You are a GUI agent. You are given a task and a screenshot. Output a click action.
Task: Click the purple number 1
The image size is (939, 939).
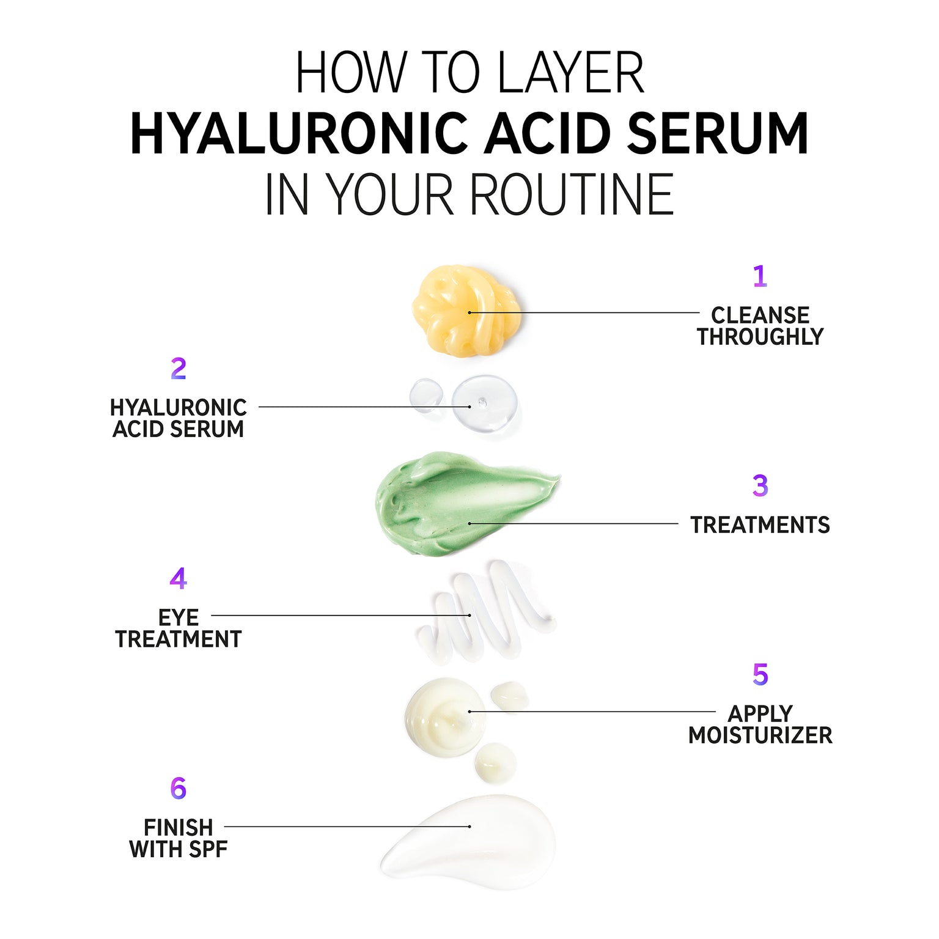pyautogui.click(x=760, y=276)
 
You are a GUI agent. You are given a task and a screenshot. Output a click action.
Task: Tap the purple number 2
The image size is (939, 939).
pyautogui.click(x=178, y=369)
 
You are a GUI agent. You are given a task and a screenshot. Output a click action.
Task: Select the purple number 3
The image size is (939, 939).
pyautogui.click(x=760, y=485)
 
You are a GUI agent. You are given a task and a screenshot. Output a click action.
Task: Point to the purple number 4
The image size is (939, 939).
pyautogui.click(x=178, y=578)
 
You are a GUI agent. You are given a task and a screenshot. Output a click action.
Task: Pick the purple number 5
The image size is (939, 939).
pyautogui.click(x=760, y=674)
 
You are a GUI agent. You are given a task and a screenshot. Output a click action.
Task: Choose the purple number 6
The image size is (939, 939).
pyautogui.click(x=178, y=788)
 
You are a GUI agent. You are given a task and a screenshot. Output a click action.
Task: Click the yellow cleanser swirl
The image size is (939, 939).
pyautogui.click(x=466, y=310)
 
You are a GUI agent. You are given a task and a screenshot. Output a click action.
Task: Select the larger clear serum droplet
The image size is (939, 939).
pyautogui.click(x=484, y=404)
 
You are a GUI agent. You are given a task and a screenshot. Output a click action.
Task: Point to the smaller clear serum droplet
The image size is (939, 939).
pyautogui.click(x=426, y=395)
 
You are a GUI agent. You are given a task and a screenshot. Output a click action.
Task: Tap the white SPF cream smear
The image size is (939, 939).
pyautogui.click(x=469, y=841)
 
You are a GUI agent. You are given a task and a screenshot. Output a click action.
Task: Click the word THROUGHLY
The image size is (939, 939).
pyautogui.click(x=760, y=337)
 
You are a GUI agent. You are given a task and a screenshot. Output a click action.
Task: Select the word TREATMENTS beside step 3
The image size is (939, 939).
pyautogui.click(x=760, y=525)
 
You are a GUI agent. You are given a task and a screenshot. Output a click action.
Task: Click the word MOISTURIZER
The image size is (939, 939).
pyautogui.click(x=760, y=735)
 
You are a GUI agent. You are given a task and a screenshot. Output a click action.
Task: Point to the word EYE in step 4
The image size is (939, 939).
pyautogui.click(x=178, y=618)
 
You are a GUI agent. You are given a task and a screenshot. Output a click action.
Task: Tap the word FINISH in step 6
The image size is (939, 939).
pyautogui.click(x=178, y=828)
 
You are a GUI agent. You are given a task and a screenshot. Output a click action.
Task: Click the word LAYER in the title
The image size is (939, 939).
pyautogui.click(x=570, y=73)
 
